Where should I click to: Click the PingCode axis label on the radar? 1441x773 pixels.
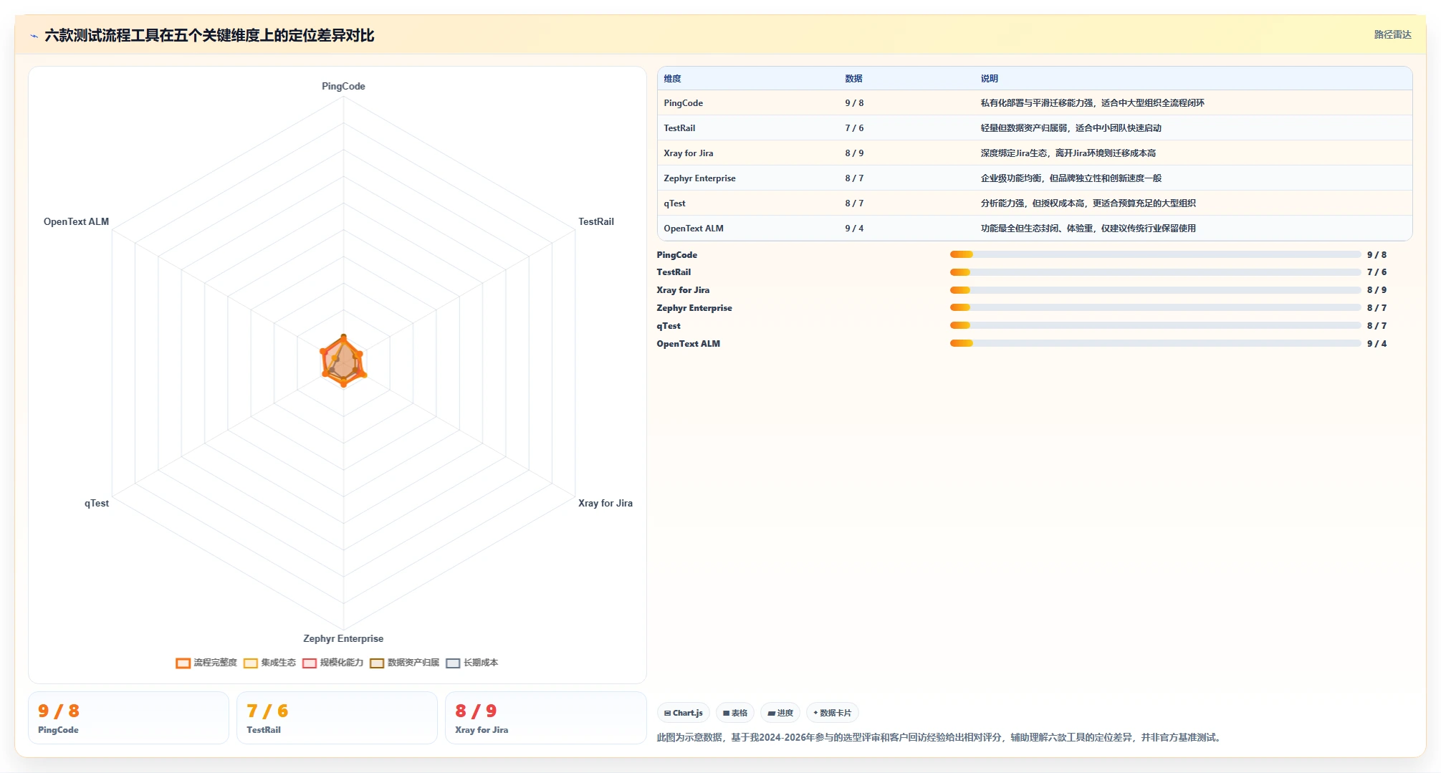343,86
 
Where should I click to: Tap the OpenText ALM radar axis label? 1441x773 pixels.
76,221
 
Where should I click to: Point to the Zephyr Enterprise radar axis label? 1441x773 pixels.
343,638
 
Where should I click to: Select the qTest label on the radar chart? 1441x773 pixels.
97,503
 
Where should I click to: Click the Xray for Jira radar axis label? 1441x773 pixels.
605,503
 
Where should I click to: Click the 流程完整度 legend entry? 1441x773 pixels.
206,663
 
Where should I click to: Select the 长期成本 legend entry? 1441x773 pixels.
472,663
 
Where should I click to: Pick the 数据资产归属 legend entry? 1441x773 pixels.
405,663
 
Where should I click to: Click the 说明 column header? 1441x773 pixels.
990,79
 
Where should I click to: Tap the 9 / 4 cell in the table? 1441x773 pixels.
854,229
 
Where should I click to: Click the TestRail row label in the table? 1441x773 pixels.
679,128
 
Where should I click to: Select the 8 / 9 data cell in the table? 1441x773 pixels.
854,153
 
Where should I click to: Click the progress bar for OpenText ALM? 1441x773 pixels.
1155,343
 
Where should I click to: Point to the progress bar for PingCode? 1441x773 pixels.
1155,254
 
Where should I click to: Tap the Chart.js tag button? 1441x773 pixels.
684,713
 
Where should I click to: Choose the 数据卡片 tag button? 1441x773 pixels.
833,713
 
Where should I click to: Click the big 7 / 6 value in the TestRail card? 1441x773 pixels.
267,711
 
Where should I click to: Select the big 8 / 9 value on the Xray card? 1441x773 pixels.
476,711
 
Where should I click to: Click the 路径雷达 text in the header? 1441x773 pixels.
1392,34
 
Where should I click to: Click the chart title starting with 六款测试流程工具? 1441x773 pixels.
209,35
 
